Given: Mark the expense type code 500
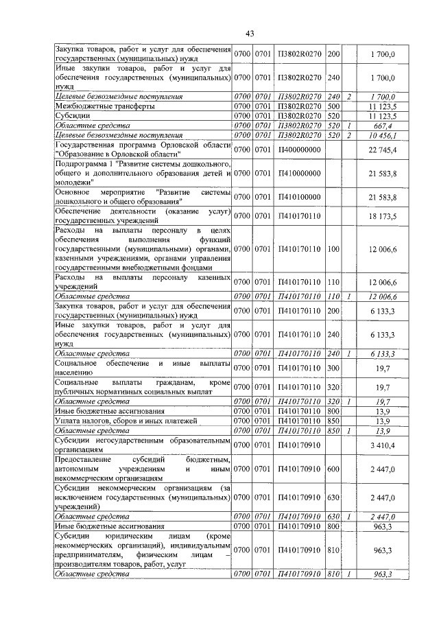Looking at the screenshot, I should (x=334, y=106).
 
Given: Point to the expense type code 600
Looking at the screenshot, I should (x=334, y=473).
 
